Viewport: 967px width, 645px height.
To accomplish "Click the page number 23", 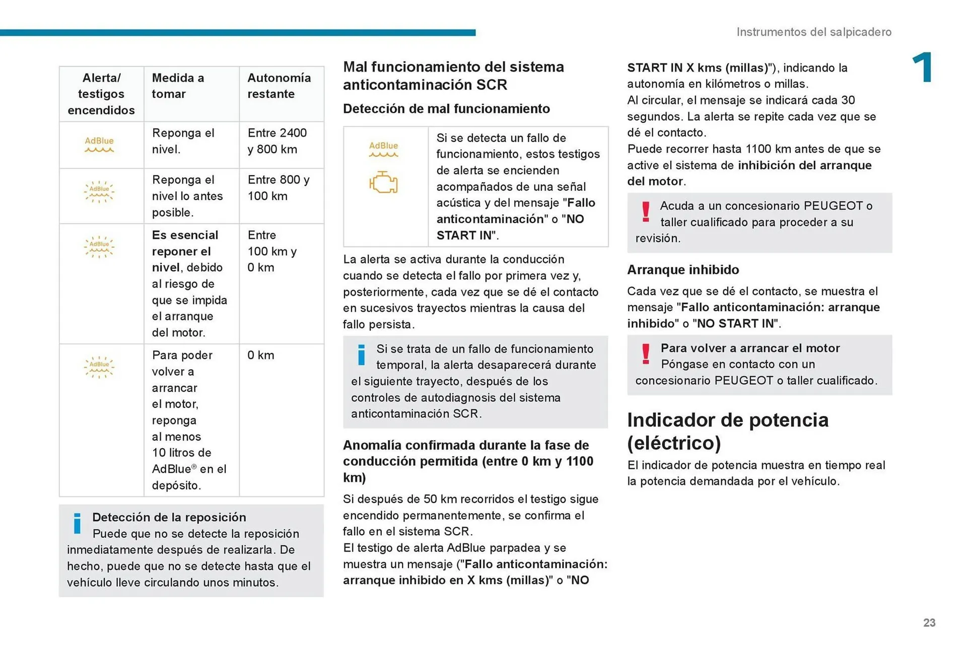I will point(929,623).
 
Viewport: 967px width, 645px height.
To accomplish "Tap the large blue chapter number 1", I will point(923,67).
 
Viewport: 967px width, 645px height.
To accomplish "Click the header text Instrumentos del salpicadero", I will point(813,32).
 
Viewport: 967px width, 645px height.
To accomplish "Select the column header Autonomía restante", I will point(279,86).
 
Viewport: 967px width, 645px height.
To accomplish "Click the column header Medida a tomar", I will point(178,86).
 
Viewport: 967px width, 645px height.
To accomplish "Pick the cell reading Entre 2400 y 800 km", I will point(277,141).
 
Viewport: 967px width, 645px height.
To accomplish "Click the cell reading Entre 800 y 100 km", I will point(279,188).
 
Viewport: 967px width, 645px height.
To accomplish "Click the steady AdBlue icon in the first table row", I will point(99,144).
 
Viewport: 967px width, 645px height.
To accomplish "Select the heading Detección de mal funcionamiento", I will point(446,109).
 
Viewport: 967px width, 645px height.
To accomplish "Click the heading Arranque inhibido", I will point(683,270).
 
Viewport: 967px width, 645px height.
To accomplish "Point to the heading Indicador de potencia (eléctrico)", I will point(727,432).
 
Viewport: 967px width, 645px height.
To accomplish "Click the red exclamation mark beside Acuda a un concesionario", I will point(646,211).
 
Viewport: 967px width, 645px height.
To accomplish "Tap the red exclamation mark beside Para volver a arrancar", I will point(646,353).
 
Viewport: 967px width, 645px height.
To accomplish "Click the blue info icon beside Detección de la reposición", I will point(77,523).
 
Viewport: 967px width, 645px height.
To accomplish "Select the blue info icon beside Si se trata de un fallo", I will point(361,355).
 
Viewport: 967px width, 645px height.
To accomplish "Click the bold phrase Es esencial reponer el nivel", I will point(185,251).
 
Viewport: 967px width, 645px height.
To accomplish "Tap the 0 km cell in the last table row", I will point(261,355).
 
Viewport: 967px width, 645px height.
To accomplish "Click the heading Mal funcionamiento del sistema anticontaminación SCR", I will point(453,76).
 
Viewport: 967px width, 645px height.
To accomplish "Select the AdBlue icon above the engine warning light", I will point(383,149).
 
